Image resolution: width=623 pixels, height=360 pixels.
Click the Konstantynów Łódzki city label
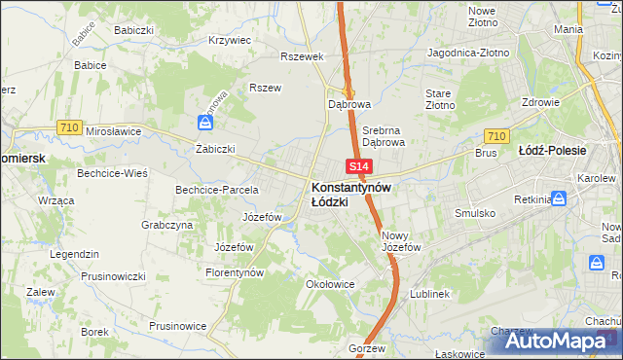(x=351, y=194)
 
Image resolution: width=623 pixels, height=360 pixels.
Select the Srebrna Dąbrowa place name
(x=383, y=135)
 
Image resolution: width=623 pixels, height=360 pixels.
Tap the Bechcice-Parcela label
(x=216, y=189)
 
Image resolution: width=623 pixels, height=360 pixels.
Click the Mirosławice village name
(x=114, y=130)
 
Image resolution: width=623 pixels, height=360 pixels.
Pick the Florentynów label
(x=235, y=273)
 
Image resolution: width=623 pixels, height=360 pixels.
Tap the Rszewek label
(x=301, y=56)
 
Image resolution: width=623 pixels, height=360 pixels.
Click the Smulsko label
(x=476, y=212)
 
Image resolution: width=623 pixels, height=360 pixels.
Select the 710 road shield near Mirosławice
(x=68, y=126)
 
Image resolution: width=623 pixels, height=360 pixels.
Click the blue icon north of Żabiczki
(x=205, y=123)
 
